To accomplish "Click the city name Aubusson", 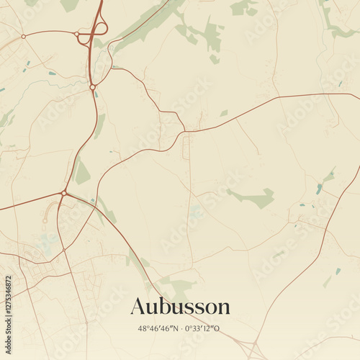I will click(180, 307).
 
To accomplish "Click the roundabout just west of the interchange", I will click(76, 34).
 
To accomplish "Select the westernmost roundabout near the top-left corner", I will click(23, 36).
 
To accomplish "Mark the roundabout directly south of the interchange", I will click(92, 87).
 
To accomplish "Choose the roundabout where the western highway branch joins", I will click(64, 193).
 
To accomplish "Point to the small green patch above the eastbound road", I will click(224, 113).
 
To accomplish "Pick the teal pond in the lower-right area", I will click(337, 271).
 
